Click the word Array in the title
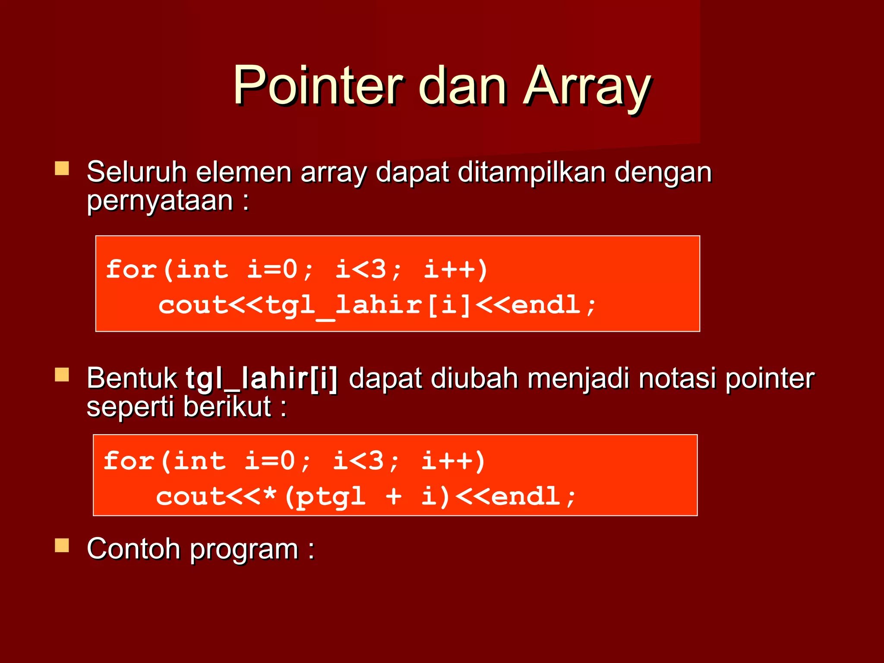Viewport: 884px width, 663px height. (x=587, y=85)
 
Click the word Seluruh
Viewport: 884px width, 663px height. (x=136, y=172)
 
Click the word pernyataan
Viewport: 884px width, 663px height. (x=160, y=201)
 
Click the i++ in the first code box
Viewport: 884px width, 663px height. (x=455, y=269)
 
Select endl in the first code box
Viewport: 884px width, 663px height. (x=546, y=305)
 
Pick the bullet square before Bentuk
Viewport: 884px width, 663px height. (x=62, y=375)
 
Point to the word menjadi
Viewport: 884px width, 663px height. (x=578, y=379)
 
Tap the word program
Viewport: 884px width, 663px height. (x=244, y=550)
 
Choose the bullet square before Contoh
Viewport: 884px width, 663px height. (x=62, y=546)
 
